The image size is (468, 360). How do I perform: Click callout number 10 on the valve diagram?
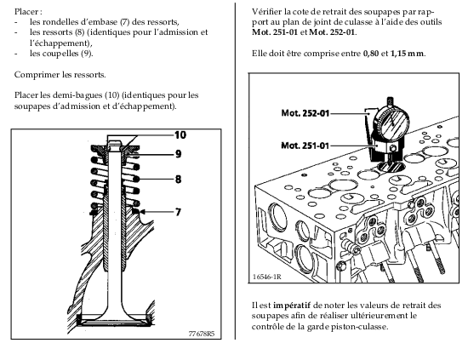(x=180, y=135)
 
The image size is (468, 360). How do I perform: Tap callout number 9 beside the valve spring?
(x=178, y=154)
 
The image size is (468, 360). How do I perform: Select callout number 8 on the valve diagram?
(x=178, y=179)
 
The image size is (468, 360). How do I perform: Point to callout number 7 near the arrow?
(x=178, y=212)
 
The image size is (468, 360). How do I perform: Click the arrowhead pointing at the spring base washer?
(x=142, y=212)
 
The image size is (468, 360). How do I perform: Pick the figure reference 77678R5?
(x=202, y=334)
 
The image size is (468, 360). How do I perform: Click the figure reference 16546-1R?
(x=267, y=277)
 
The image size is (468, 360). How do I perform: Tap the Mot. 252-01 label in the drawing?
(x=305, y=113)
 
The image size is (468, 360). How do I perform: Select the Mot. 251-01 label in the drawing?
(x=305, y=146)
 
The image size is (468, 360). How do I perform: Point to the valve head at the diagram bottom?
(x=115, y=320)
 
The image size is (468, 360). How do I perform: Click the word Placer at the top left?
(x=26, y=12)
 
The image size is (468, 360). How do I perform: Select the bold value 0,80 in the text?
(x=371, y=54)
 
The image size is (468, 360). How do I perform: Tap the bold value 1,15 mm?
(x=407, y=54)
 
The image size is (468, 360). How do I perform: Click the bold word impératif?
(x=292, y=306)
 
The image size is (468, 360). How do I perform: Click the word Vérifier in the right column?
(x=267, y=12)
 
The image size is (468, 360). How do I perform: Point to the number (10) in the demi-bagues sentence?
(x=112, y=95)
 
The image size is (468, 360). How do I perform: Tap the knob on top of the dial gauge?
(x=390, y=101)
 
